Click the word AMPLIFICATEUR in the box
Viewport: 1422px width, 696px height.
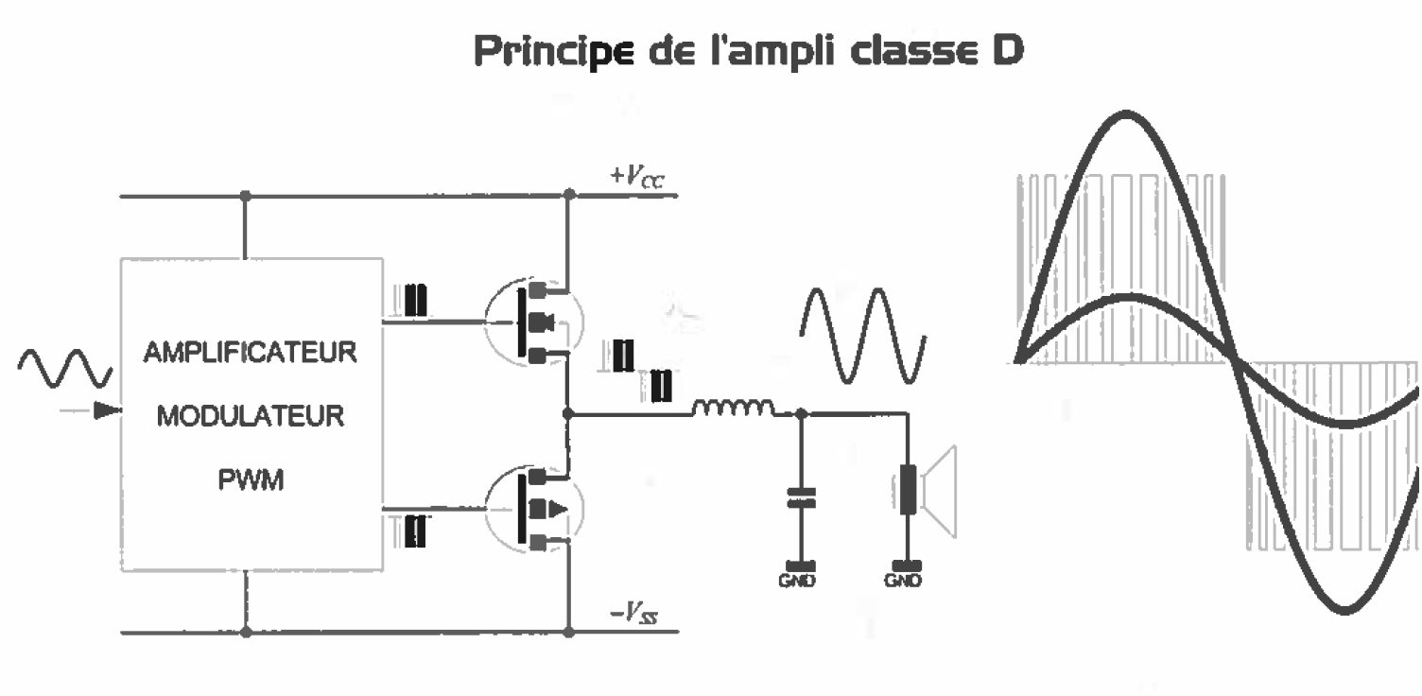[x=250, y=357]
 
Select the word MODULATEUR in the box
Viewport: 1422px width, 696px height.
[x=250, y=417]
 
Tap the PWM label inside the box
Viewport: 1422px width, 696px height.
[x=250, y=481]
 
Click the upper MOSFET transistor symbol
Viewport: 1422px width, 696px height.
[x=532, y=322]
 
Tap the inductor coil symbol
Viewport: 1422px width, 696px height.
[x=733, y=409]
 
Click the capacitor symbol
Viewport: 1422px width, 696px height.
[x=802, y=497]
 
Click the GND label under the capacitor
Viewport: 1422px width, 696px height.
[x=802, y=581]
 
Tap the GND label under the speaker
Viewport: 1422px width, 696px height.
[x=909, y=581]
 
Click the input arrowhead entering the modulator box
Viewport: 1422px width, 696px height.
[x=110, y=411]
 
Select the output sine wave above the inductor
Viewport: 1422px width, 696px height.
[x=859, y=336]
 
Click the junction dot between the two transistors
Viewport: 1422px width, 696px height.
[x=568, y=413]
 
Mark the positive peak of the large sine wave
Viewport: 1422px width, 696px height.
[x=1125, y=115]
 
